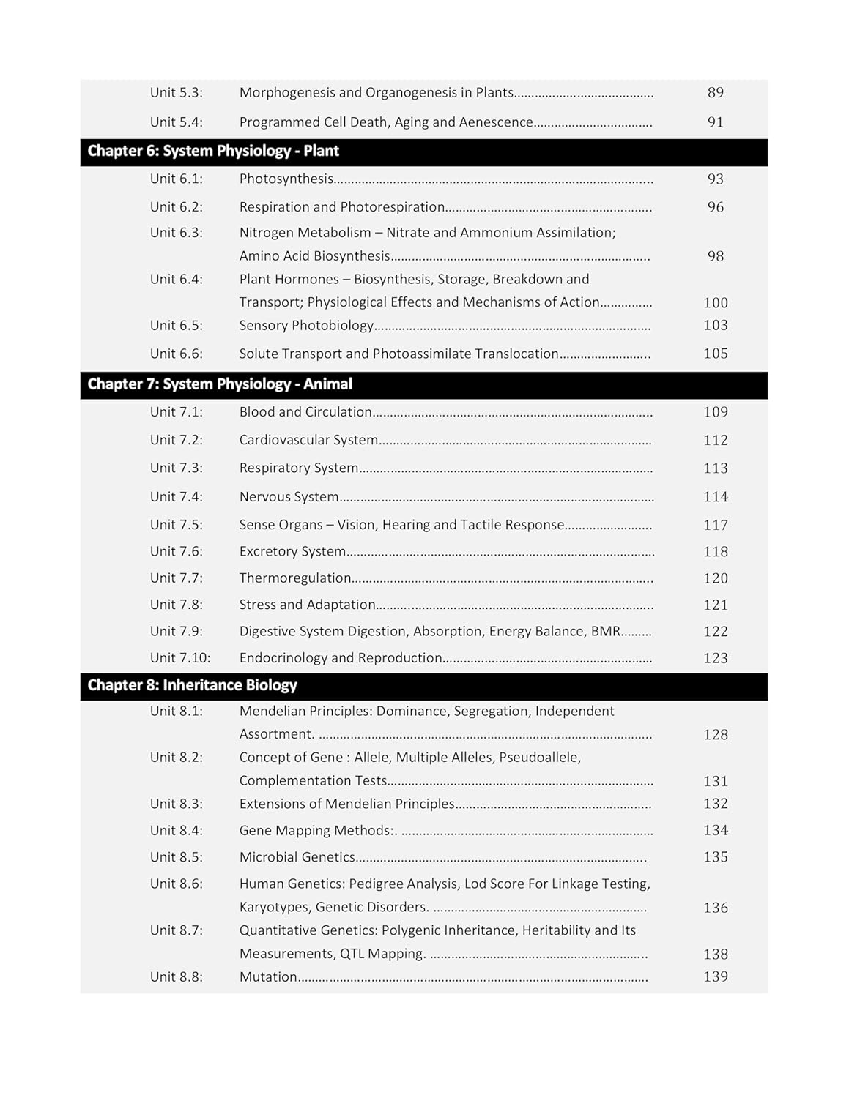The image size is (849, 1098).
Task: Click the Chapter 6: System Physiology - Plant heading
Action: [x=213, y=152]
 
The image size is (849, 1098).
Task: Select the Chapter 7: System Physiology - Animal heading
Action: [x=220, y=384]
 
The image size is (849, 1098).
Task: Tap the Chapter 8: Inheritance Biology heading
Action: [x=192, y=685]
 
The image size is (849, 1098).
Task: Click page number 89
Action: [x=716, y=93]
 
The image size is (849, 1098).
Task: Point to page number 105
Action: [x=716, y=354]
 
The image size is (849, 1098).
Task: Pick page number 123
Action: [x=716, y=658]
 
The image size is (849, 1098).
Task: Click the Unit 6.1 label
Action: [x=177, y=179]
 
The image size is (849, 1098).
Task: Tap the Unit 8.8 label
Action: [x=177, y=976]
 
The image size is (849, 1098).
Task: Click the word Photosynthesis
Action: [x=286, y=179]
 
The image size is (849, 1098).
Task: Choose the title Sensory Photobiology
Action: [x=306, y=325]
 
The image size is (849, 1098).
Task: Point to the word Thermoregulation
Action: [x=295, y=578]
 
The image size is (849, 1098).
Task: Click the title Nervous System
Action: [x=289, y=497]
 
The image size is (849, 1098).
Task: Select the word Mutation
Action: [x=268, y=976]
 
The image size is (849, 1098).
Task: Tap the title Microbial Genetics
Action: [x=297, y=857]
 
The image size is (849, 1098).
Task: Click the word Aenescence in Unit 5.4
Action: [x=496, y=122]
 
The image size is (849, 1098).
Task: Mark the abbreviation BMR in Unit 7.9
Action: [x=606, y=631]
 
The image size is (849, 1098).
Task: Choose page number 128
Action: [x=716, y=734]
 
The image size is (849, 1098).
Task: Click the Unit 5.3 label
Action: [x=177, y=93]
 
